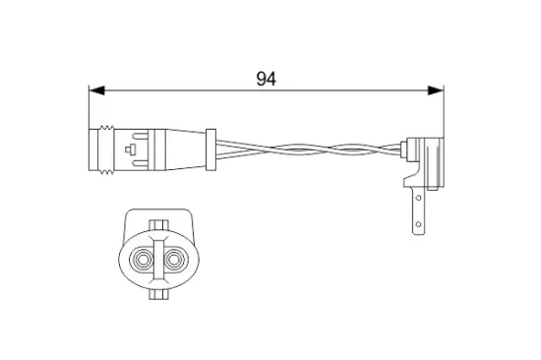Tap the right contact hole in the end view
coord(176,262)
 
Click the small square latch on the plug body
coord(131,151)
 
